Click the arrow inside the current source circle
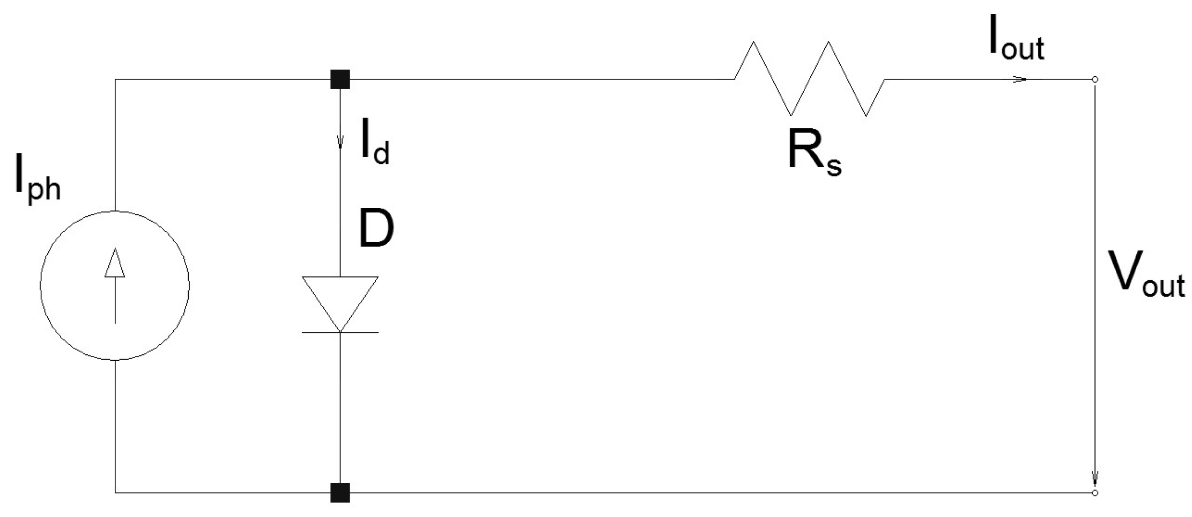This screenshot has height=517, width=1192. (115, 285)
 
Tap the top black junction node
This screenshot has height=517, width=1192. (340, 79)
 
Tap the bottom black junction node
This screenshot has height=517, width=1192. (340, 492)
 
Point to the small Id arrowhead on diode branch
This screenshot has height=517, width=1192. (340, 143)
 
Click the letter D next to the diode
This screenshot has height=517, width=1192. (376, 229)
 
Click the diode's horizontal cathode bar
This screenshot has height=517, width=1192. (340, 332)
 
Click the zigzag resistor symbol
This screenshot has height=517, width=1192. (809, 79)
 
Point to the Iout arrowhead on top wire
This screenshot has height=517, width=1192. (1020, 79)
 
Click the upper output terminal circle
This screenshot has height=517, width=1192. (1095, 79)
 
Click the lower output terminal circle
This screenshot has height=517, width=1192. (1095, 492)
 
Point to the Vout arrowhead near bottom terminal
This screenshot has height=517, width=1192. (1095, 478)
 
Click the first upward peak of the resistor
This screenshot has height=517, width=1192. (753, 42)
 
